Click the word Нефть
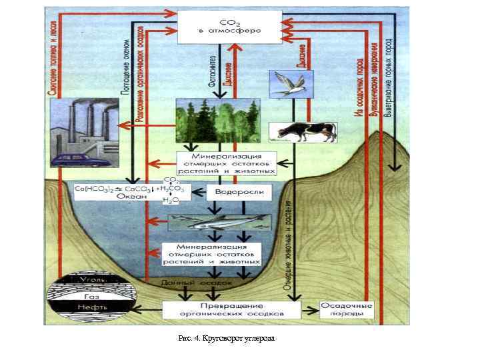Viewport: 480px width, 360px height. pos(91,308)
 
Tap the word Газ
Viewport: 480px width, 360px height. pos(91,295)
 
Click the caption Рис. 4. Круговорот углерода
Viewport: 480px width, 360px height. pos(226,339)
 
